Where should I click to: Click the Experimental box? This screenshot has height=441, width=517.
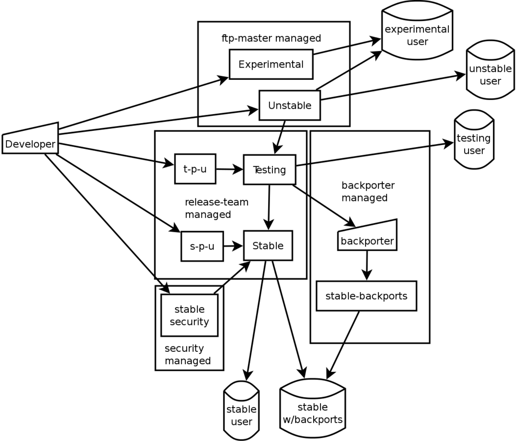pos(271,64)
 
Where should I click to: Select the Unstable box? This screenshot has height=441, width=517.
pos(289,105)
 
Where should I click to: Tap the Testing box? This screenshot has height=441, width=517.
pos(270,170)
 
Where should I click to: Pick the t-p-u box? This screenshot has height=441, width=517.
pos(195,169)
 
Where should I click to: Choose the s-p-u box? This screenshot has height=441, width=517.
pos(202,246)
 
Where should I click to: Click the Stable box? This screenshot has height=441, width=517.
pos(268,245)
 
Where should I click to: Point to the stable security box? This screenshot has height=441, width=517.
pos(189,316)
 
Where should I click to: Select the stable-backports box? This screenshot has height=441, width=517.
pos(366,296)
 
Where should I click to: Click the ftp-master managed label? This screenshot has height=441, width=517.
pos(271,38)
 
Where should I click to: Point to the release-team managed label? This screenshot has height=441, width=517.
pos(216,208)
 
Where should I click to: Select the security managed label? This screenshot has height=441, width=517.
pos(187,355)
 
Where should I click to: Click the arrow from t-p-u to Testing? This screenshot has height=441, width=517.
pos(229,170)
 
